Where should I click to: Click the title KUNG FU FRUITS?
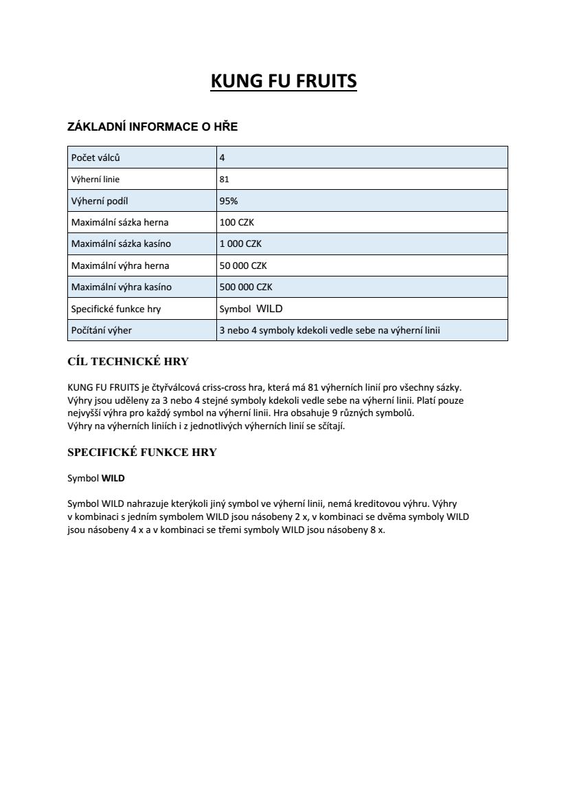(x=284, y=81)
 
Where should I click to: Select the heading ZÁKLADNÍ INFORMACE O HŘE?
(x=152, y=127)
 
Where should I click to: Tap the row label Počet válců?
(x=95, y=157)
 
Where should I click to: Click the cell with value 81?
(x=224, y=180)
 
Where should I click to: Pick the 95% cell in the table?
(x=229, y=201)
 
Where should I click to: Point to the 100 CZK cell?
(x=237, y=222)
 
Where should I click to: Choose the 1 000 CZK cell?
(x=240, y=243)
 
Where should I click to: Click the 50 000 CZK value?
(x=243, y=265)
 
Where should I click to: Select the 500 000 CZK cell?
(x=246, y=287)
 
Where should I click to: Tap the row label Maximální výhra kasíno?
(x=122, y=287)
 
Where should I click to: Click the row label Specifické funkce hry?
(x=116, y=309)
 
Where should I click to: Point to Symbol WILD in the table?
(x=251, y=309)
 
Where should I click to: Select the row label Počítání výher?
(x=102, y=330)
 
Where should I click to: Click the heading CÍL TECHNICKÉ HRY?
(x=128, y=362)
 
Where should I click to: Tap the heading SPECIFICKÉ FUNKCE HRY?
(x=142, y=453)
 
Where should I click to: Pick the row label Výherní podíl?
(x=100, y=201)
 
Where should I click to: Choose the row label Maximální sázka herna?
(x=120, y=222)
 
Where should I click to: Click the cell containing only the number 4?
(x=222, y=157)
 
